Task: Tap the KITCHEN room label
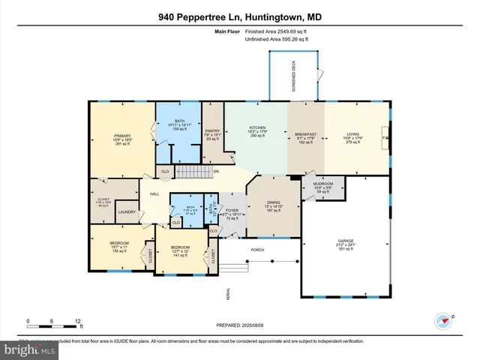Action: [257, 128]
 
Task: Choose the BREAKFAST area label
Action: [306, 134]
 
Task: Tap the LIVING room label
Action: [352, 134]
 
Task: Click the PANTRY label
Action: [212, 130]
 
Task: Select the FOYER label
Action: [232, 210]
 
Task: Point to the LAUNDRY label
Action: [127, 212]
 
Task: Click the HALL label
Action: [154, 193]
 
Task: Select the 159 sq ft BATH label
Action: [180, 120]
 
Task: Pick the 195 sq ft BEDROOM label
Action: [119, 243]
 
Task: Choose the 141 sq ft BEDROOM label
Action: [180, 246]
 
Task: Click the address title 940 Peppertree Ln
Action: [239, 15]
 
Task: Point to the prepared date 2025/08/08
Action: [239, 325]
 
